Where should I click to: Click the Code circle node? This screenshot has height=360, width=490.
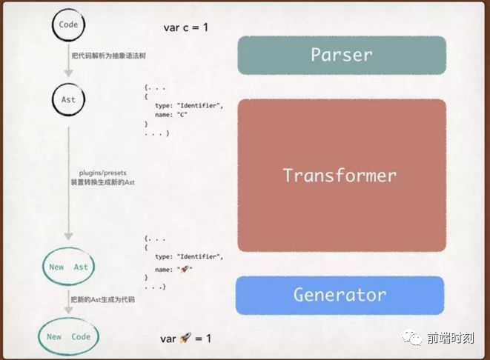click(x=67, y=25)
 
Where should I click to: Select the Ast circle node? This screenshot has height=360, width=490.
click(x=67, y=99)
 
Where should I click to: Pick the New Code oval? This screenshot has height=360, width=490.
click(x=68, y=337)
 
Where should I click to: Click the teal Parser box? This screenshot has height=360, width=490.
click(x=342, y=54)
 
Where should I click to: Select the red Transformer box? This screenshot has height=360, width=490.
click(x=342, y=176)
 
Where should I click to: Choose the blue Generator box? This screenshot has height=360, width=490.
click(x=340, y=294)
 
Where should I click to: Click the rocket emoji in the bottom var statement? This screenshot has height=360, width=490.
click(x=187, y=338)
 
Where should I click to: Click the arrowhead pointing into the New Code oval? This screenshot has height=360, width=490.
click(x=68, y=311)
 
